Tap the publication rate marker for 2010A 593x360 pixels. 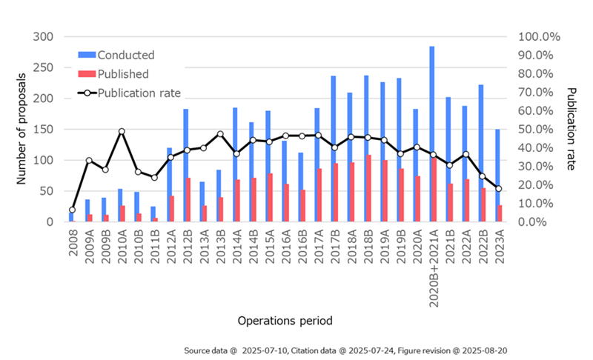pyautogui.click(x=122, y=131)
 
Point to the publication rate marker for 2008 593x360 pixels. pyautogui.click(x=72, y=210)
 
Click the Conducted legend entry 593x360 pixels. pyautogui.click(x=126, y=55)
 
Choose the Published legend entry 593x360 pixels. pyautogui.click(x=123, y=74)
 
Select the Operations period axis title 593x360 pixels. pyautogui.click(x=285, y=321)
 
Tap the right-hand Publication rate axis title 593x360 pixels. pyautogui.click(x=572, y=130)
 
